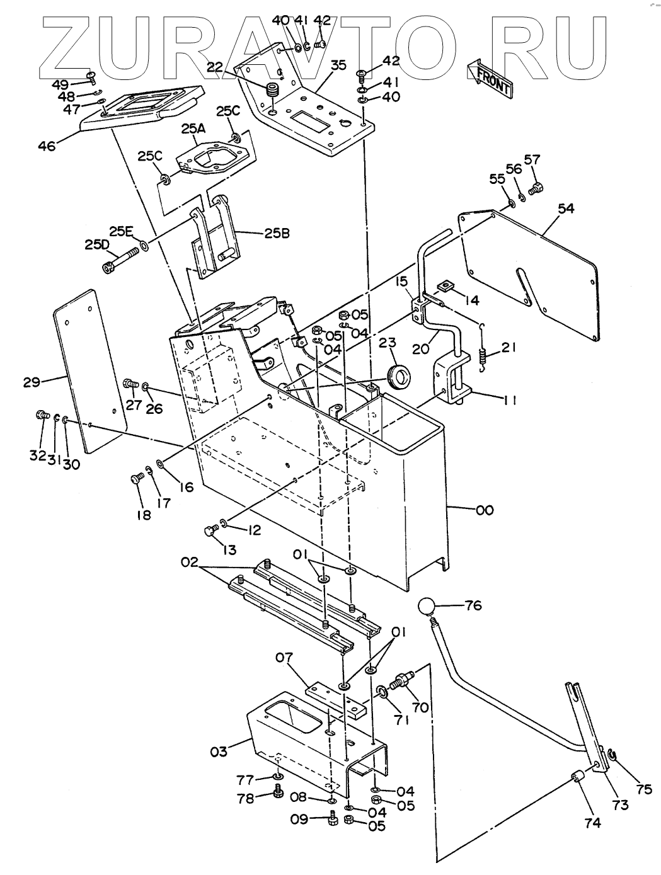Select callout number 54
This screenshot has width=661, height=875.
[566, 209]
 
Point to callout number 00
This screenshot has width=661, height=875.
[484, 510]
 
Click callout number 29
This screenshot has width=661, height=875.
[32, 382]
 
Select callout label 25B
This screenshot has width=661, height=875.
[277, 233]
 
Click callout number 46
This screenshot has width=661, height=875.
[47, 146]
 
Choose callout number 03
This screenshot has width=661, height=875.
[219, 752]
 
